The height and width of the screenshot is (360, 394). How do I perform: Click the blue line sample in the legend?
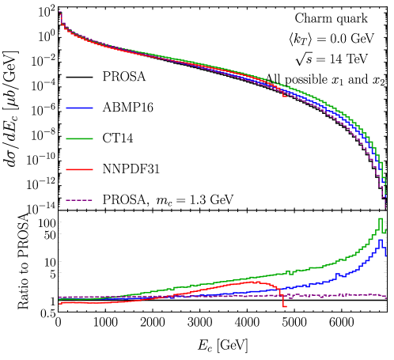(x=79, y=108)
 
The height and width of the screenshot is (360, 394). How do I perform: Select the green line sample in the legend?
(x=79, y=138)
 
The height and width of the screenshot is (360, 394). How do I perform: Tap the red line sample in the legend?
(x=79, y=169)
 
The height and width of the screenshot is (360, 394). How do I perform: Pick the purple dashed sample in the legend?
(x=79, y=200)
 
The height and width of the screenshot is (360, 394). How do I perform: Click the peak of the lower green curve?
(x=381, y=219)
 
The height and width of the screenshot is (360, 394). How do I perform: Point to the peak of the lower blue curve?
(x=381, y=240)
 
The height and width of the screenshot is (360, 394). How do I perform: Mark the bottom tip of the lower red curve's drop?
(x=285, y=306)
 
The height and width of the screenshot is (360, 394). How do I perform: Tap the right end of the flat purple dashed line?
(x=387, y=297)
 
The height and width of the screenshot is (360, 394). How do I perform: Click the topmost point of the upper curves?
(x=60, y=12)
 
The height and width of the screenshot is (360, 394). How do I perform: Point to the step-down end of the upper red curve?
(x=285, y=97)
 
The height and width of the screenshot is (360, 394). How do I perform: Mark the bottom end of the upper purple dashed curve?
(x=385, y=208)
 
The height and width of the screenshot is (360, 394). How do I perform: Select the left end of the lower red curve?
(x=59, y=303)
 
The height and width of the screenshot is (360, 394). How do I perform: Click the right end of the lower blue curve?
(x=386, y=256)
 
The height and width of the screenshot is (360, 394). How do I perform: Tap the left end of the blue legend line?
(x=66, y=108)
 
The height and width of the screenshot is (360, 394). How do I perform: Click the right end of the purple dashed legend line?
(x=93, y=200)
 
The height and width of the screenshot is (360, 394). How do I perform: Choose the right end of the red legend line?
(x=93, y=169)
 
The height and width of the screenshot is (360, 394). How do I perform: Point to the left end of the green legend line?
(x=66, y=138)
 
